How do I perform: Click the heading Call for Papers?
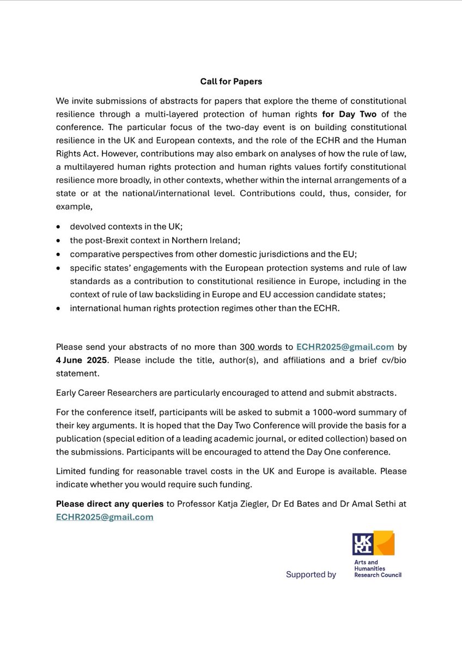click(231, 82)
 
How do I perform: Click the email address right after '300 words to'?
click(345, 346)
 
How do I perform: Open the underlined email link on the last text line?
click(105, 516)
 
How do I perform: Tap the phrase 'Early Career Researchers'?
click(102, 392)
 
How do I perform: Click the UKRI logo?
click(373, 543)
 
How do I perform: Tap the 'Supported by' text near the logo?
click(311, 574)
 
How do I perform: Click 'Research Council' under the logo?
click(378, 575)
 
